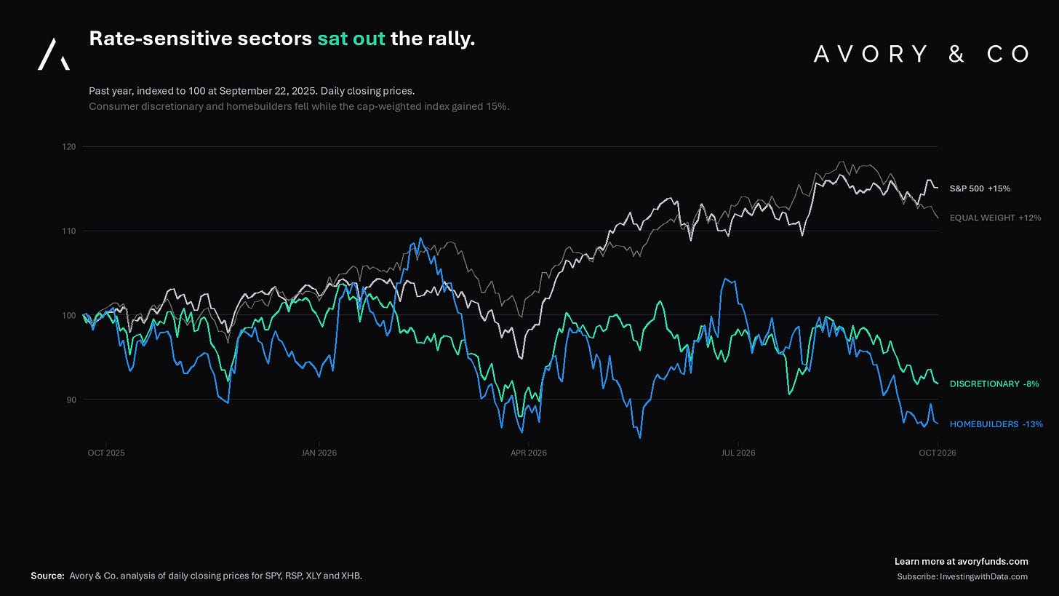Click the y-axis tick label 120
coord(69,147)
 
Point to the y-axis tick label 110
coord(69,231)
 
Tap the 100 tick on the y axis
coord(69,316)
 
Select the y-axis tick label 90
coord(71,400)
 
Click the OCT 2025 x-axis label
coord(106,453)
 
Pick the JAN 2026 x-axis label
coord(319,453)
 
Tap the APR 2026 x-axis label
coord(529,453)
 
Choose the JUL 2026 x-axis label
coord(738,453)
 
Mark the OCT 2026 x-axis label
coord(938,453)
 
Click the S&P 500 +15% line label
coord(980,188)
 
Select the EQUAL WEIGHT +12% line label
coord(996,218)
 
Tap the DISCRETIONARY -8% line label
coord(995,384)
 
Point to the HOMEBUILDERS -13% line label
coord(996,424)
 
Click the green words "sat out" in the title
coord(351,39)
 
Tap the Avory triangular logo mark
coord(54,55)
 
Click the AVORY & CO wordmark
coord(922,54)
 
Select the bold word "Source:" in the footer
coord(47,576)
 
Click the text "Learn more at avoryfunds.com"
coord(961,562)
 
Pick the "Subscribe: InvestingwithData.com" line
coord(962,576)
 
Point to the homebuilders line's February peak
coord(420,238)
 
